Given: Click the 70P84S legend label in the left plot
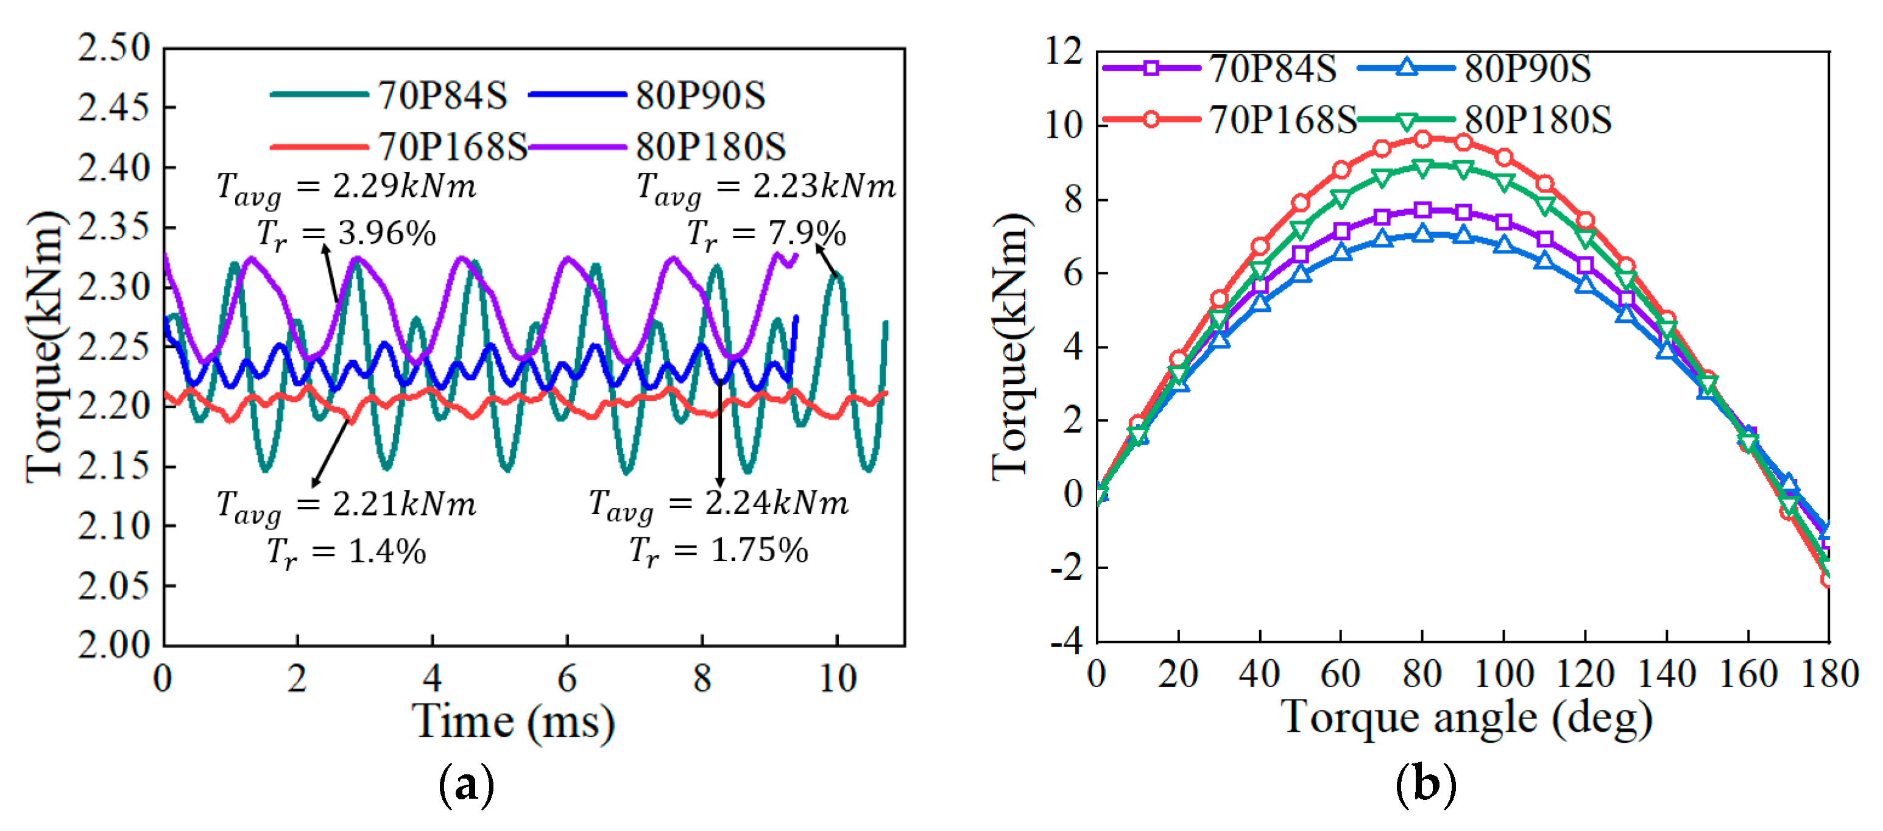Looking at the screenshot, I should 442,96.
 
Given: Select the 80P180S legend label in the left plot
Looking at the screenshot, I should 710,147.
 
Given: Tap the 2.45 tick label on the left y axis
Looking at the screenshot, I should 113,108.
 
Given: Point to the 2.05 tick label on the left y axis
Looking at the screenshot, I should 113,585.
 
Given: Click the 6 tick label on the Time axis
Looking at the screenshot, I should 567,678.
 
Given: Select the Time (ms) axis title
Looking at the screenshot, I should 515,722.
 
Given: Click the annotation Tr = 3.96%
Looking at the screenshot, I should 347,234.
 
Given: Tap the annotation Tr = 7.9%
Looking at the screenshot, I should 766,234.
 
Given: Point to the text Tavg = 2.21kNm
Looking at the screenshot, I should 347,505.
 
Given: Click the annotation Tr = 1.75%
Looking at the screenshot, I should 719,550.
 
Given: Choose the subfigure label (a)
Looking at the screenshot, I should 467,785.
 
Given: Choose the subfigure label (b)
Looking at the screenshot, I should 1425,785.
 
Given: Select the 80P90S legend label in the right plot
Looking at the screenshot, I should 1528,69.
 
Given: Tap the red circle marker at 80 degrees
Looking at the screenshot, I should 1422,139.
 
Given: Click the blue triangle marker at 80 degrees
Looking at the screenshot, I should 1422,233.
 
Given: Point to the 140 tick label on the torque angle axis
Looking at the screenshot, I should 1666,674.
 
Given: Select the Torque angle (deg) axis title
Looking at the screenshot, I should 1466,718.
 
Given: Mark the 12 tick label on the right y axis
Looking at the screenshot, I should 1064,52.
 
